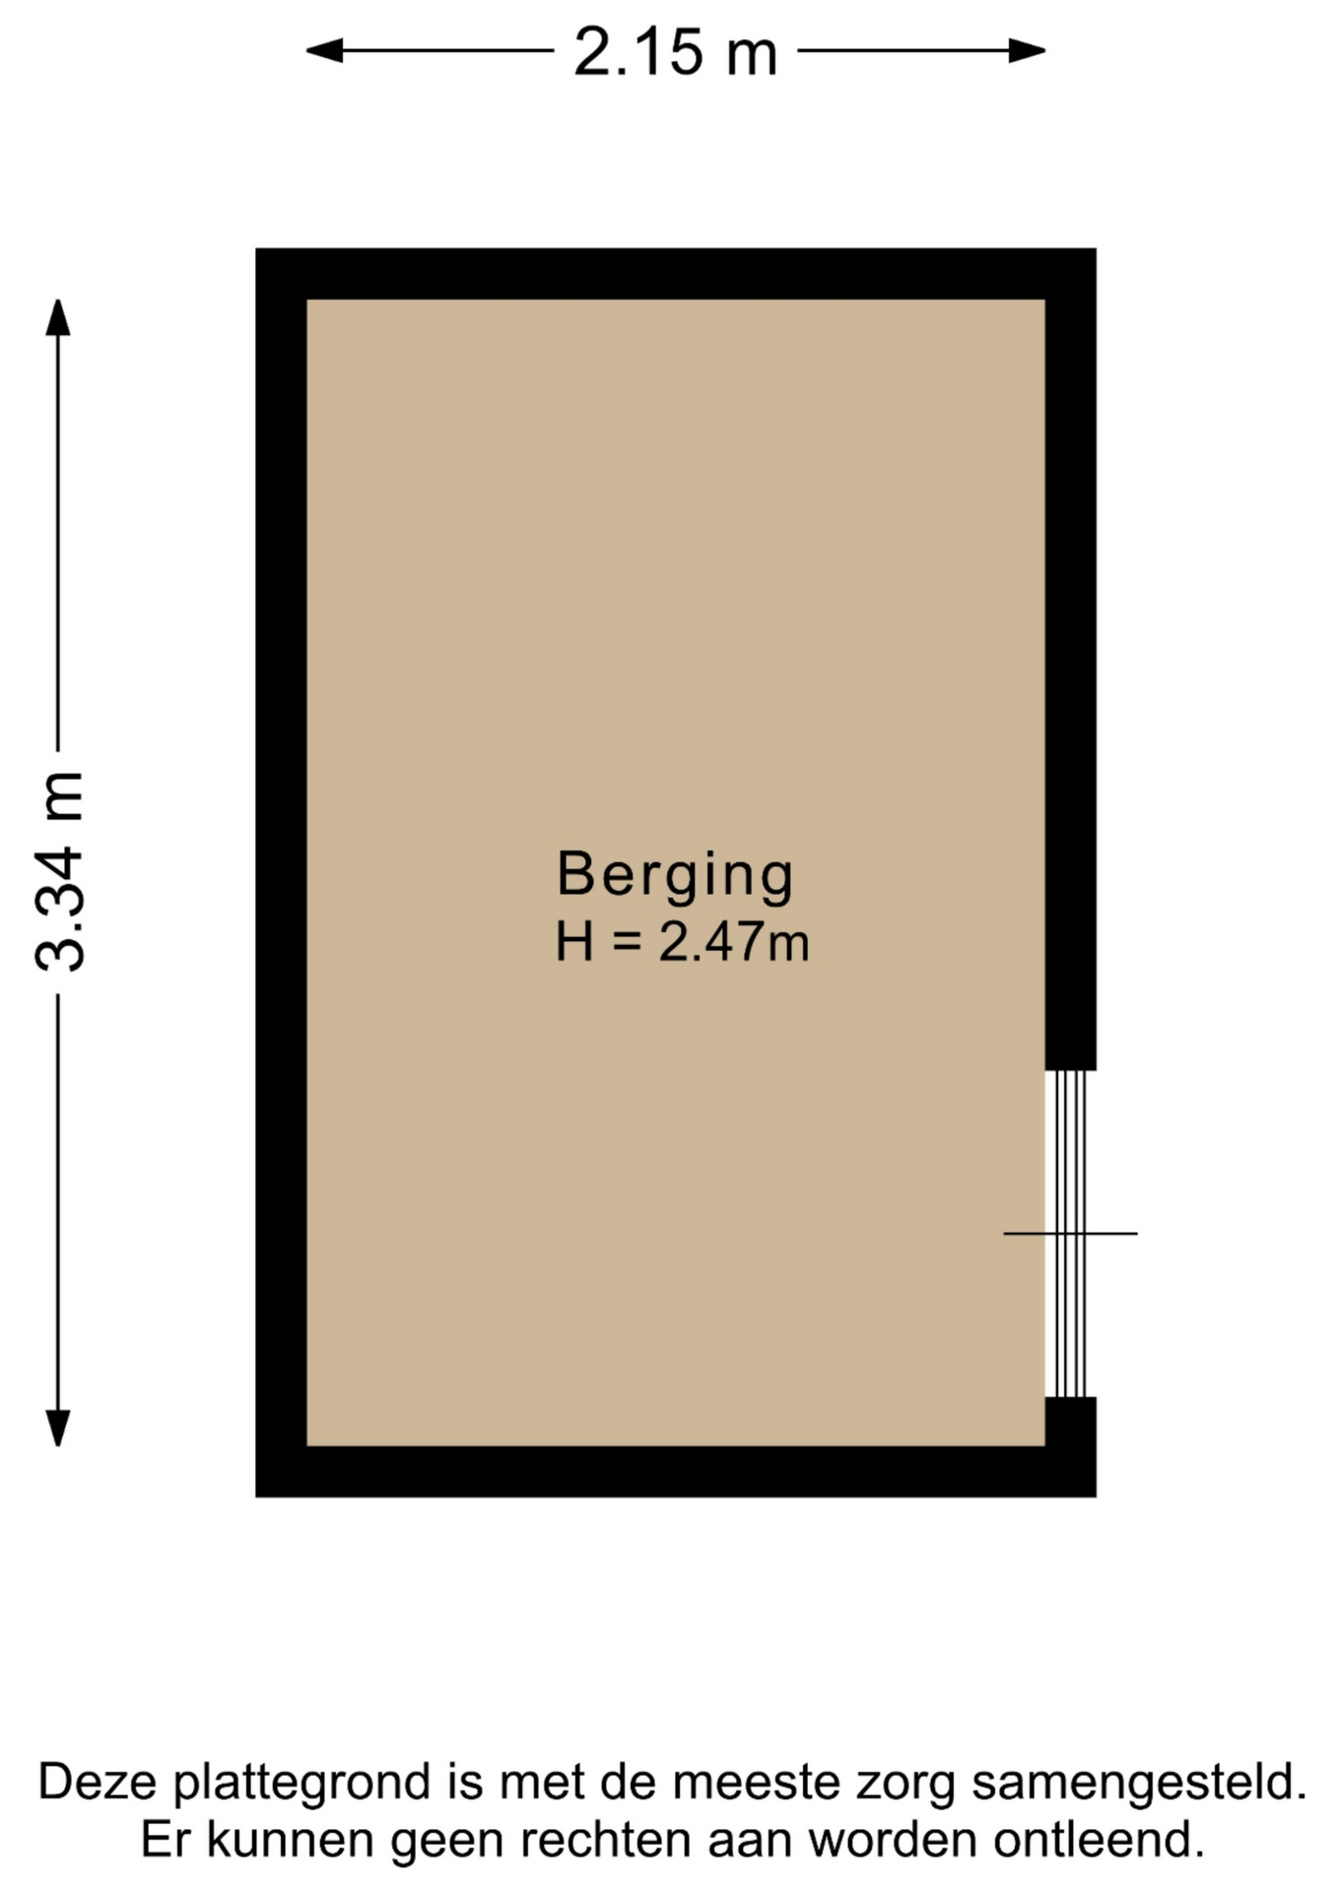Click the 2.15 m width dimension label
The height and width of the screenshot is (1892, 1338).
point(676,51)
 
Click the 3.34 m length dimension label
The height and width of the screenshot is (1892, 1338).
point(59,871)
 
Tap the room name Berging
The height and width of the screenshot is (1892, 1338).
point(675,875)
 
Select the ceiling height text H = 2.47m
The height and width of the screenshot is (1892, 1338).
point(682,941)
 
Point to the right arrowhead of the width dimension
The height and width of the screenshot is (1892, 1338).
point(1027,50)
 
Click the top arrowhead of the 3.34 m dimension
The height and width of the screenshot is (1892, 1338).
point(58,317)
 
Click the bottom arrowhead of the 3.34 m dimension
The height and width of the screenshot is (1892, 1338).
point(58,1428)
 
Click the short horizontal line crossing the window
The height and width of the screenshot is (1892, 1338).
point(1070,1233)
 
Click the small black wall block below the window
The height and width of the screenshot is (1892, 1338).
point(1071,1422)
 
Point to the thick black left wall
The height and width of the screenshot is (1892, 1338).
point(282,872)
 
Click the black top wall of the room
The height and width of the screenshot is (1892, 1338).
point(676,274)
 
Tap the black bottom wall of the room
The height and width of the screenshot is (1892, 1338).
point(676,1471)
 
